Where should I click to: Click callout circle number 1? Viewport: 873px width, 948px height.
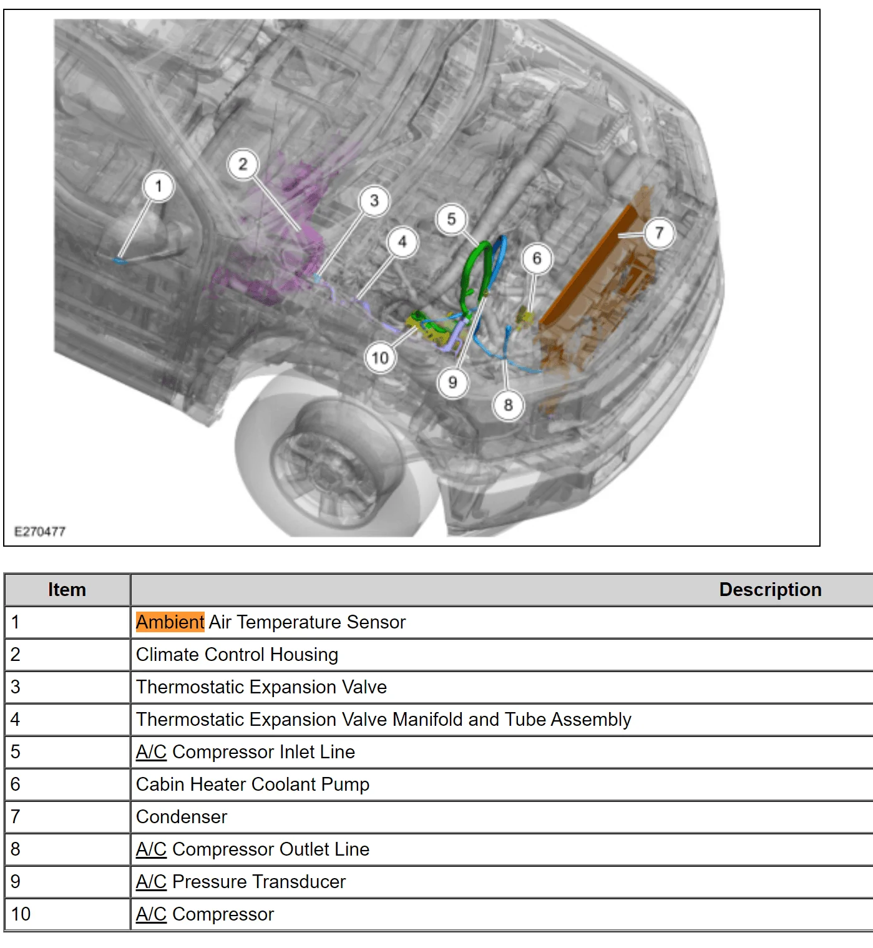pos(158,186)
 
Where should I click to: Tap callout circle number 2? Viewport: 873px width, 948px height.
pos(243,164)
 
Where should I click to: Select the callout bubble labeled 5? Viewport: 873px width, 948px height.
pos(451,219)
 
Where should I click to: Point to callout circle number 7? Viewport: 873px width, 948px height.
pos(659,233)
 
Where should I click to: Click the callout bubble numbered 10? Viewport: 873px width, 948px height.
pos(380,358)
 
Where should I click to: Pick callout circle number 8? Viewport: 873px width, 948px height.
pos(508,405)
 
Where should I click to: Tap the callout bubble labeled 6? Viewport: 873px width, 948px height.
pos(536,258)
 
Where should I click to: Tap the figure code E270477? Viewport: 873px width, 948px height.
pos(40,532)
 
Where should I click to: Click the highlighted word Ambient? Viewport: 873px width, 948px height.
pos(170,622)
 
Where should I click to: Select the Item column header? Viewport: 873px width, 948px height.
pos(67,590)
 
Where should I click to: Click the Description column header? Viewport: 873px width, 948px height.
pos(769,590)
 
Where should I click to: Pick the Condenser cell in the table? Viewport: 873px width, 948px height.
pos(182,817)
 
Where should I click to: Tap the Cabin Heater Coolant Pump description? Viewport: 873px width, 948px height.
pos(253,784)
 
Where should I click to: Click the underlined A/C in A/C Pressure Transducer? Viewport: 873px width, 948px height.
pos(151,882)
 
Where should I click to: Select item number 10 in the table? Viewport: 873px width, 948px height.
pos(21,914)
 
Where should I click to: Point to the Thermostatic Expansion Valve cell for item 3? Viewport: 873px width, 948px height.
pos(261,687)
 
